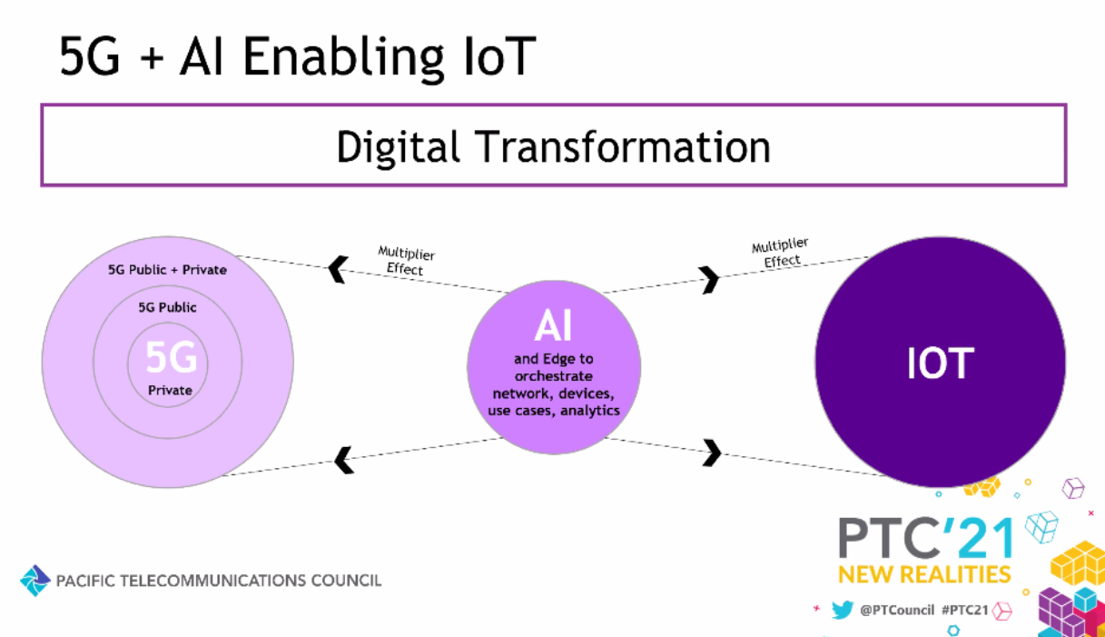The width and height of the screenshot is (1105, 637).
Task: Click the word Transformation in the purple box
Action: coord(623,146)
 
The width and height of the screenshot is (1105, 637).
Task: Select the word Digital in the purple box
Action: coord(398,147)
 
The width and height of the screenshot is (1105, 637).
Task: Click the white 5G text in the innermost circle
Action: coord(172,356)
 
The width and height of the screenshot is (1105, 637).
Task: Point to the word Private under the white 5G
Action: coord(170,391)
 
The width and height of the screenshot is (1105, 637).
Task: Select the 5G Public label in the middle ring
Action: coord(167,308)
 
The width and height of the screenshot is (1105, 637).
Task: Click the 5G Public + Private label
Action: coord(167,270)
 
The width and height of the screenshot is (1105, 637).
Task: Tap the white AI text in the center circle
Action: coord(553,325)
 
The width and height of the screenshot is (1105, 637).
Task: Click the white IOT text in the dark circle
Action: coord(941,363)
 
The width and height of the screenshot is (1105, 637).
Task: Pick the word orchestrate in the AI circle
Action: coord(554,376)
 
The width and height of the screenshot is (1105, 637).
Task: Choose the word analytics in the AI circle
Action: coord(590,411)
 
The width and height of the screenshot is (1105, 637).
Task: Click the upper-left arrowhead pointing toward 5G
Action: coord(339,270)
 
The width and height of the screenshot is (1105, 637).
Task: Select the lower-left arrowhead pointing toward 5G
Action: coord(344,460)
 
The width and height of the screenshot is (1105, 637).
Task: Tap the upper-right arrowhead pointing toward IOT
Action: coord(709,280)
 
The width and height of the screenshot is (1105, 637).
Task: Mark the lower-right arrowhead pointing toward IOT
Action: coord(712,453)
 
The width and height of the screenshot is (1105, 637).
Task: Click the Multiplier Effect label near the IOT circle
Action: coord(781,253)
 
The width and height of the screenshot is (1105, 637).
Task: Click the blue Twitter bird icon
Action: coord(842,610)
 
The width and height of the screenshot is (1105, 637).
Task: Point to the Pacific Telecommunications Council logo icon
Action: coord(35,581)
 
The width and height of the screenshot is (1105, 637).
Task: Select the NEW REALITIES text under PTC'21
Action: coord(924,575)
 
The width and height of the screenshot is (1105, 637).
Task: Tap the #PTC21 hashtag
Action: coord(965,611)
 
